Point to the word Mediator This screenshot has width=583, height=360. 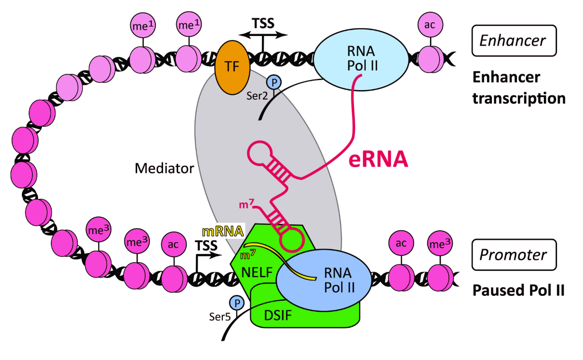pos(164,168)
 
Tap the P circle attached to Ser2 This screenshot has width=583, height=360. pos(274,82)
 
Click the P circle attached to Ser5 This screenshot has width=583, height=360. pos(236,303)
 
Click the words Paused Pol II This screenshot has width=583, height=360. pos(518,290)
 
